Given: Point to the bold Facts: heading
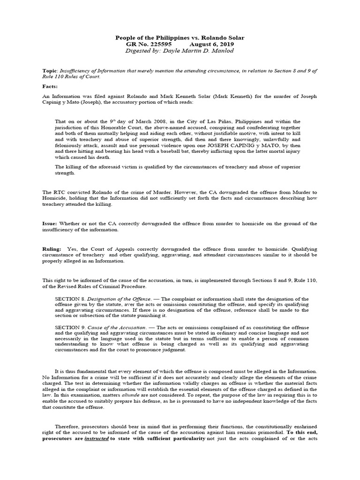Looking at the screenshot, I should (51, 87).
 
